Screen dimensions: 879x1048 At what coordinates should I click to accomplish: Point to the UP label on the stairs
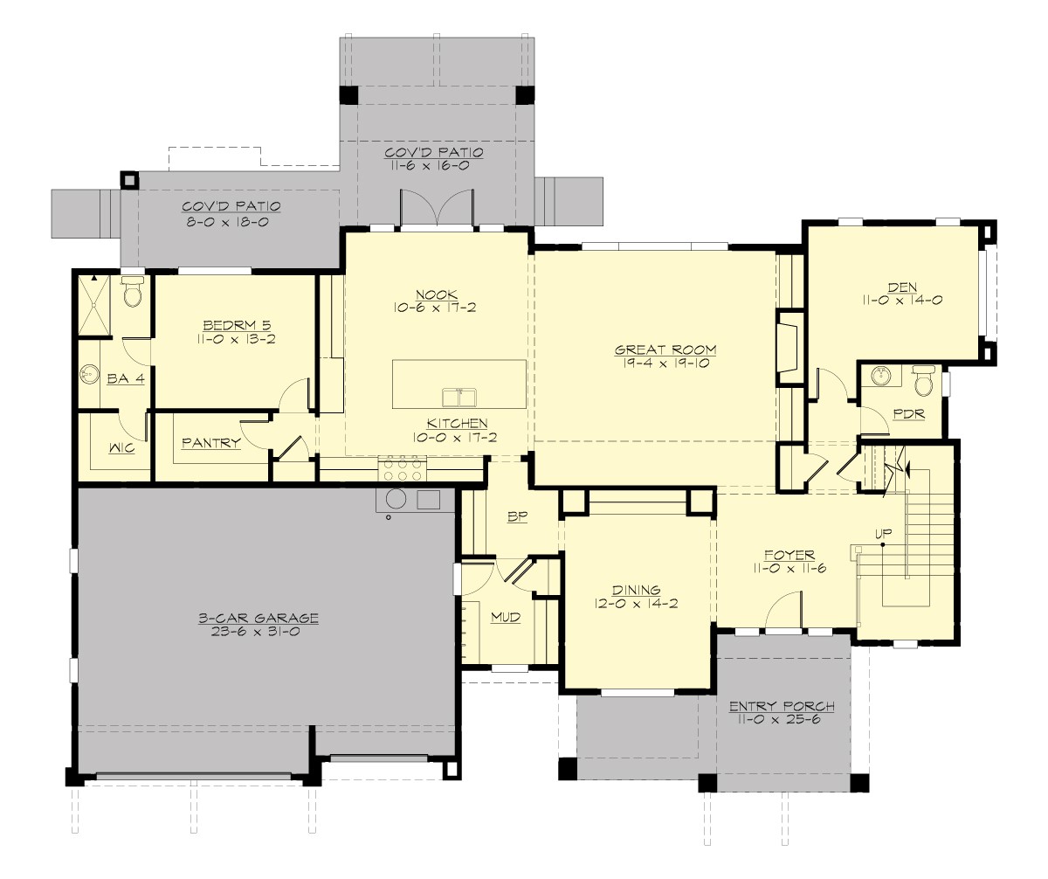pyautogui.click(x=884, y=532)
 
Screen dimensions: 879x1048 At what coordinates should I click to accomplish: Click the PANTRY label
pyautogui.click(x=210, y=443)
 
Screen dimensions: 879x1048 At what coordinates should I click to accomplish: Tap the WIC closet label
pyautogui.click(x=121, y=448)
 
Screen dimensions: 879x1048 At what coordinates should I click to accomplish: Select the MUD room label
pyautogui.click(x=505, y=618)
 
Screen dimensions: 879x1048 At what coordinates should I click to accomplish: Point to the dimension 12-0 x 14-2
pyautogui.click(x=636, y=603)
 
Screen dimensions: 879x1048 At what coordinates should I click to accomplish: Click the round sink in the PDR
pyautogui.click(x=880, y=377)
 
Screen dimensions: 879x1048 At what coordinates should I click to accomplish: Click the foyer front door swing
pyautogui.click(x=783, y=609)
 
